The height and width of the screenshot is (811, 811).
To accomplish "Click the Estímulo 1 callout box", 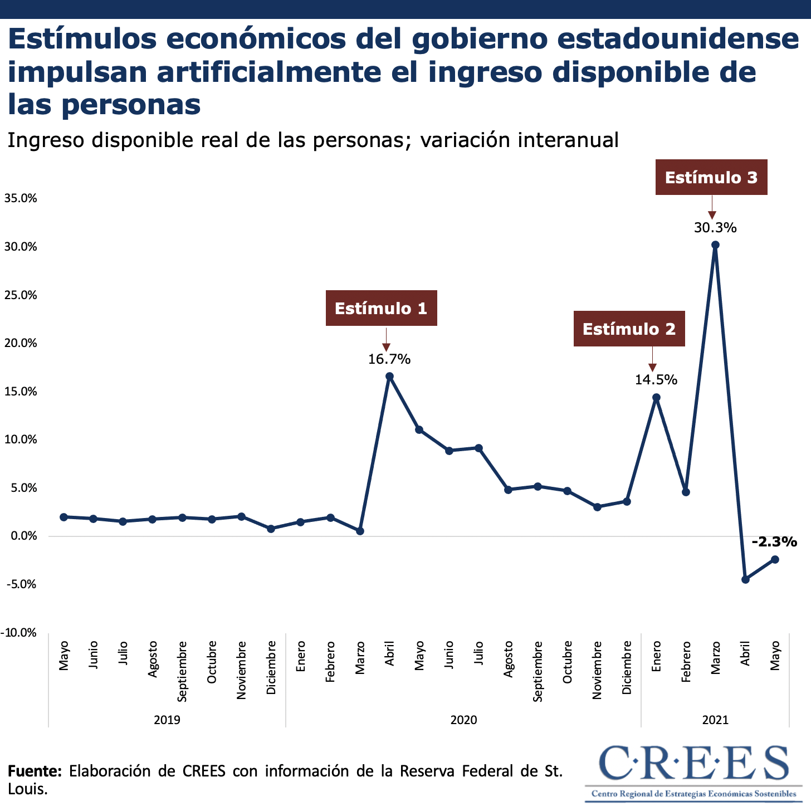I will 381,308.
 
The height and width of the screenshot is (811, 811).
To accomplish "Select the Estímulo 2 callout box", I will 629,329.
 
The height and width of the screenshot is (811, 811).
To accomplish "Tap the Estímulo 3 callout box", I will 711,177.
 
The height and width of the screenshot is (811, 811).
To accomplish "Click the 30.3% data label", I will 715,227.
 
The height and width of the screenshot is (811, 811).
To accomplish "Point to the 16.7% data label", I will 389,359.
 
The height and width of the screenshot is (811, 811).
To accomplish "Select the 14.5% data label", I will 656,380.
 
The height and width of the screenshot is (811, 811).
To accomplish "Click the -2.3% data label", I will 774,541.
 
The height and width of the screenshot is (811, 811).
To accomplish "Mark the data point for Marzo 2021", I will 715,245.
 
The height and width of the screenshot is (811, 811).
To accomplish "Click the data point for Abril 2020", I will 389,377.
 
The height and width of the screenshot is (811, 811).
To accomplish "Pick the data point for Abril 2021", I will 745,579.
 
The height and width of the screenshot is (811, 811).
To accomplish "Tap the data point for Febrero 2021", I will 686,492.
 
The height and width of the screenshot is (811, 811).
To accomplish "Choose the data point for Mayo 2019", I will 63,517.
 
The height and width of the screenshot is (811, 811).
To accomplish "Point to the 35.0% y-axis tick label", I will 21,198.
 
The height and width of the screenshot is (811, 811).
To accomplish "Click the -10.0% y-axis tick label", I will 19,633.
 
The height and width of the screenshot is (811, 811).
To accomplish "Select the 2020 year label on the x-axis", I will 463,720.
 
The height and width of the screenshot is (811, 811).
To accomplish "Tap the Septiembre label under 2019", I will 182,671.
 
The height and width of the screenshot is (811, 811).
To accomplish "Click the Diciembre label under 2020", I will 627,667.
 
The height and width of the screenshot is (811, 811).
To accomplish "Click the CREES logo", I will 693,771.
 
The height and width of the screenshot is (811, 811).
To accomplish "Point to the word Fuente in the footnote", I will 35,771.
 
